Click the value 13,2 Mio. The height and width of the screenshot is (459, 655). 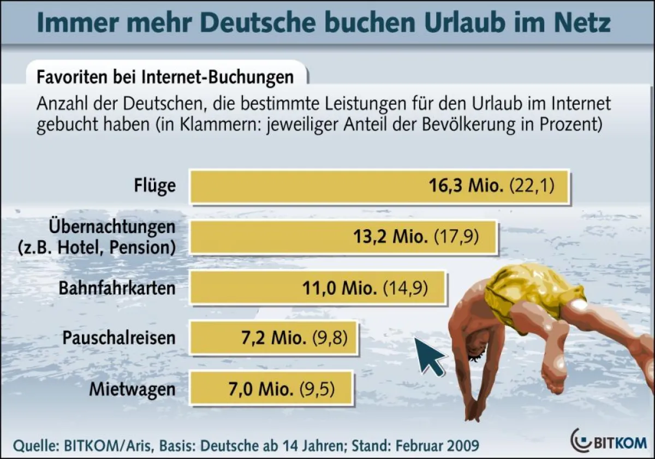[x=390, y=237]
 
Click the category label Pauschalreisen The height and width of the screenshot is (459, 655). [x=119, y=338]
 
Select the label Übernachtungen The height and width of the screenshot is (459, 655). [x=112, y=226]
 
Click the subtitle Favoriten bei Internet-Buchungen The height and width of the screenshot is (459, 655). [x=165, y=76]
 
